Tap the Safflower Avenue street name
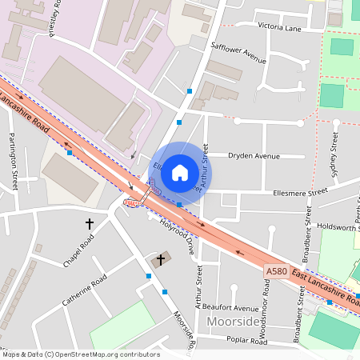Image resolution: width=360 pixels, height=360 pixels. [x=238, y=54]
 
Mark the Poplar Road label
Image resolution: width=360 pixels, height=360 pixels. [x=246, y=340]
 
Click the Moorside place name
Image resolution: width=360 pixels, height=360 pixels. [x=234, y=322]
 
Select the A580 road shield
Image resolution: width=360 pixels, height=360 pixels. [x=276, y=272]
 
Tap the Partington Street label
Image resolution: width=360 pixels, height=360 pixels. [x=14, y=161]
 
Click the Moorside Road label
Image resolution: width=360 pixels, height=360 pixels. [x=185, y=330]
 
